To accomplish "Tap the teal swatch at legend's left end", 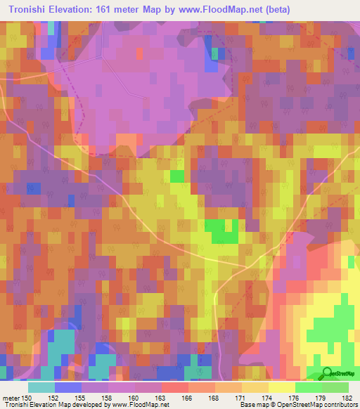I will [x=41, y=387].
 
